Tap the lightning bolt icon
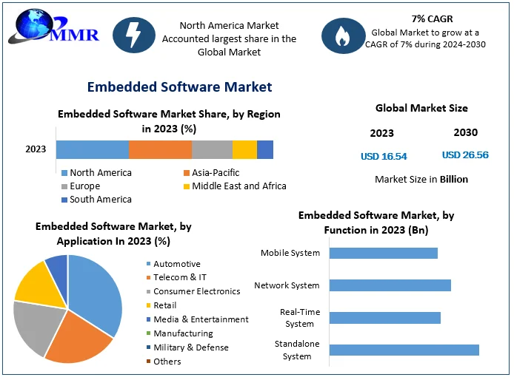134,34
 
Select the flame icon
343,34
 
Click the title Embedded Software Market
179,87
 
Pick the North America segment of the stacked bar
93,149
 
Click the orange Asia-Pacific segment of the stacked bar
160,149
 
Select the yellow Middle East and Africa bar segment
244,149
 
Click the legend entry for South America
100,200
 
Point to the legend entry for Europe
85,186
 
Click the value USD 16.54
384,156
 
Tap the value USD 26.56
465,155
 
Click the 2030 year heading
465,133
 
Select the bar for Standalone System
404,350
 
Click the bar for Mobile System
383,253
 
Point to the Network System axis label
287,285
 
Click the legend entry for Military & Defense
190,347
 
